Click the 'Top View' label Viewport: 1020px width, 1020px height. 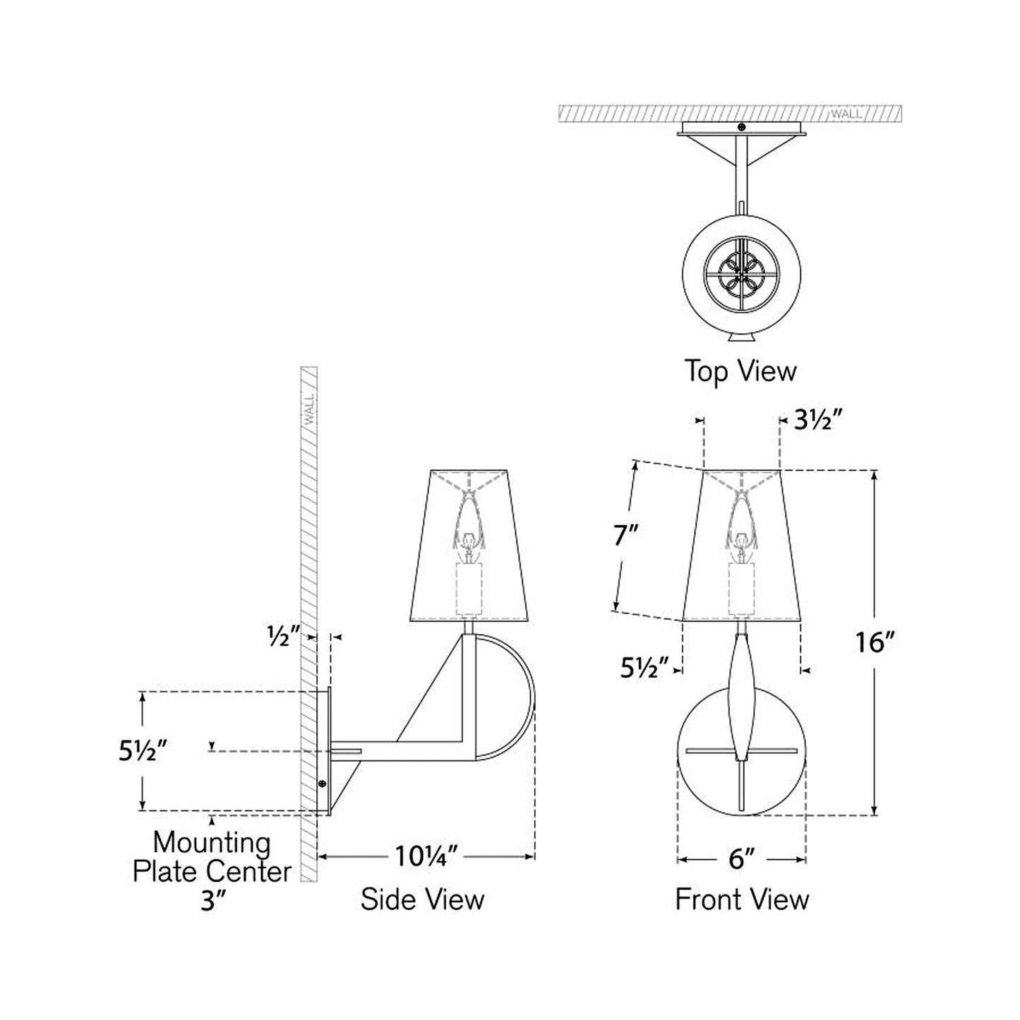point(740,371)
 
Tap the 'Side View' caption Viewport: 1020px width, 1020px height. point(422,899)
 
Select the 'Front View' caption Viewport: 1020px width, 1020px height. point(742,899)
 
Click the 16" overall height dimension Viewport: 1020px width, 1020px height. point(875,642)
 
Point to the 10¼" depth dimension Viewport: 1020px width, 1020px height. point(426,857)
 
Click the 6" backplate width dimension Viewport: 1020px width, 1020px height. point(742,859)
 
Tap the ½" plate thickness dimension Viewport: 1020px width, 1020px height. point(280,636)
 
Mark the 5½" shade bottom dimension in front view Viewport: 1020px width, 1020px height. point(644,668)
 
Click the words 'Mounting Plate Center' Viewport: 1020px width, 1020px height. point(212,857)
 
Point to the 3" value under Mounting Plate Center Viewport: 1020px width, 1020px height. point(212,901)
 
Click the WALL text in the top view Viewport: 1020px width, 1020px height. point(845,114)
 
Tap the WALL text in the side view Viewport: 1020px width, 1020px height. point(309,410)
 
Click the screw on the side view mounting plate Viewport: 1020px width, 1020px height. point(323,784)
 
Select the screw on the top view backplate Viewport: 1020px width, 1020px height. point(740,127)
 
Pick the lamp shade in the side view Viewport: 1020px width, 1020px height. point(469,544)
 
